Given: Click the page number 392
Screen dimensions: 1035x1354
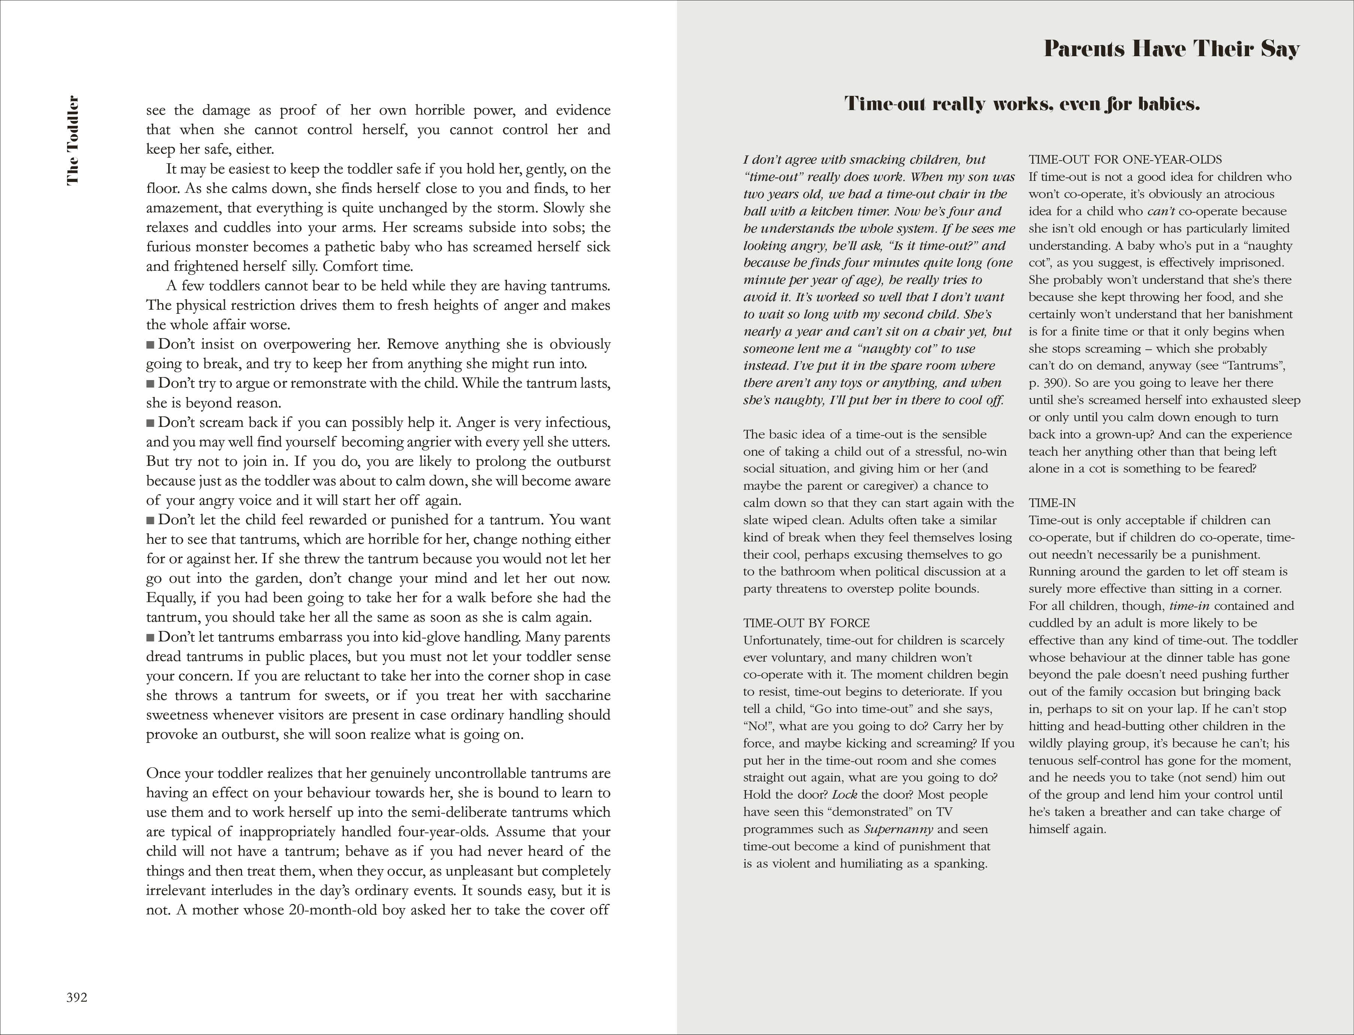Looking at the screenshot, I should [77, 998].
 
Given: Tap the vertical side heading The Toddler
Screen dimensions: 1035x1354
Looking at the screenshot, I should [73, 140].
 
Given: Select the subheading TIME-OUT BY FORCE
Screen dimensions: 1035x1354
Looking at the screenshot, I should [806, 623].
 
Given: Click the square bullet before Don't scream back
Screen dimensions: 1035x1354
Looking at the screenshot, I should [150, 423].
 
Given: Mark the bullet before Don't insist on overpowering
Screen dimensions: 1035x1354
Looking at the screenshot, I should [150, 345].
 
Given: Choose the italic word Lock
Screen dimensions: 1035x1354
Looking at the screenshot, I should [844, 795].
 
